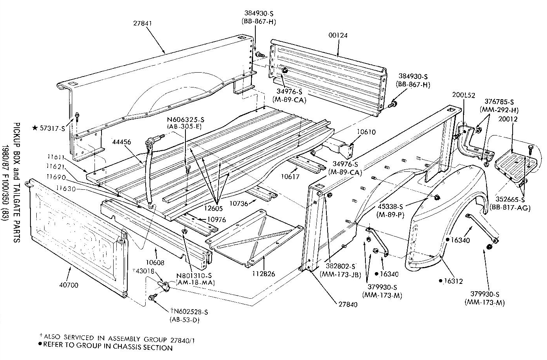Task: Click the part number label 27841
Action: point(143,23)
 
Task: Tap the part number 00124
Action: point(338,36)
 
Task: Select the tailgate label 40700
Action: point(69,285)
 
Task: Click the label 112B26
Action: point(264,274)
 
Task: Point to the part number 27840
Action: point(348,304)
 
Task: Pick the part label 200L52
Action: point(463,95)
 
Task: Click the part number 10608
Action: point(155,262)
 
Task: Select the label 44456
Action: point(121,142)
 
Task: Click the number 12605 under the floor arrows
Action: point(214,209)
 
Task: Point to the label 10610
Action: point(366,132)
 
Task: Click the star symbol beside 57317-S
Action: point(35,128)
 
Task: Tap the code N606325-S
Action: point(185,120)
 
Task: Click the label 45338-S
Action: point(390,207)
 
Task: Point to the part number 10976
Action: point(216,219)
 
